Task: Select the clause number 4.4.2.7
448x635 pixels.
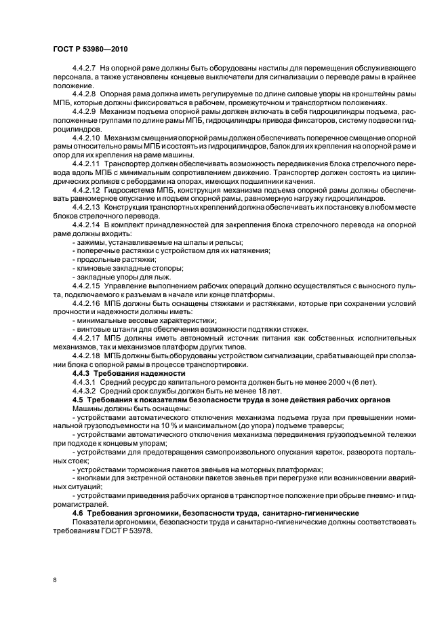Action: click(x=85, y=70)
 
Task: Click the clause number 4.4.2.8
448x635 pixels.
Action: click(x=85, y=92)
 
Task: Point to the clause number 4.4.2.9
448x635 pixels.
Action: click(x=85, y=109)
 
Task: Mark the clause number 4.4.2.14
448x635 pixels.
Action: click(x=87, y=223)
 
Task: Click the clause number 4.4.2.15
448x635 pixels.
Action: click(x=87, y=286)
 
